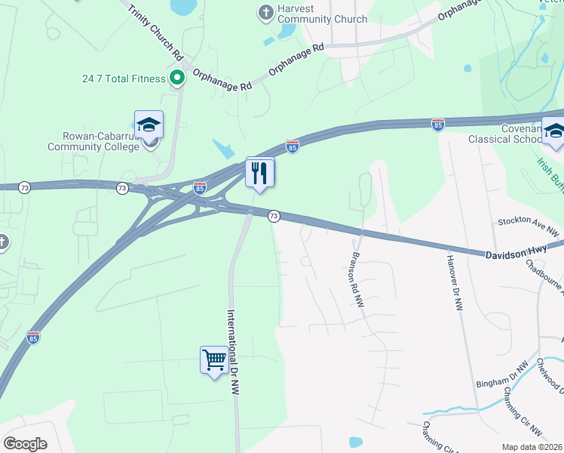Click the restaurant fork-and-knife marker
(259, 173)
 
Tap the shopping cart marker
(214, 359)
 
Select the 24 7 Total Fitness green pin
(177, 77)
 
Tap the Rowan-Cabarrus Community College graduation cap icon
(149, 125)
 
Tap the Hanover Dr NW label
(455, 282)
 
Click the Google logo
(25, 443)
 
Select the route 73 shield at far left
(25, 187)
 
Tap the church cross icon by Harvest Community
(265, 11)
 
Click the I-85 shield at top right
(437, 123)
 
